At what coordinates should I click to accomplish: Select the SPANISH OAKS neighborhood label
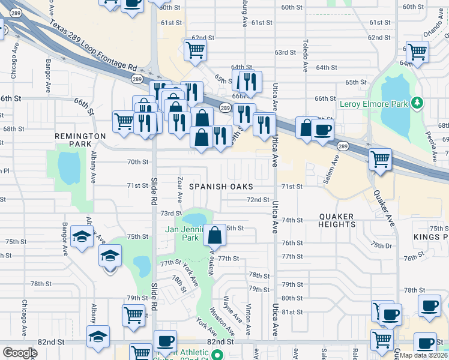tap(221, 187)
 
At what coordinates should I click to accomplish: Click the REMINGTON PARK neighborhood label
tap(82, 140)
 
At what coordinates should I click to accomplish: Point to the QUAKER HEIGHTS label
tap(337, 220)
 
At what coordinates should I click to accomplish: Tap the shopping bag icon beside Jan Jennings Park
tap(214, 235)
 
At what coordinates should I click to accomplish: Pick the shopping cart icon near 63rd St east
tap(417, 52)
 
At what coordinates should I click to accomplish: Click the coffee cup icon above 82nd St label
tap(165, 341)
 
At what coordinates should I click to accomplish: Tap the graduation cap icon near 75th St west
tap(82, 236)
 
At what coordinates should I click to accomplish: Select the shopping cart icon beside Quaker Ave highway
tap(380, 160)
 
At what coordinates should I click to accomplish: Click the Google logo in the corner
tap(20, 353)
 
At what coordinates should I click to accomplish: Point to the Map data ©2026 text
tap(423, 355)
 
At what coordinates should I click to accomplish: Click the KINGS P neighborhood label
tap(430, 238)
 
